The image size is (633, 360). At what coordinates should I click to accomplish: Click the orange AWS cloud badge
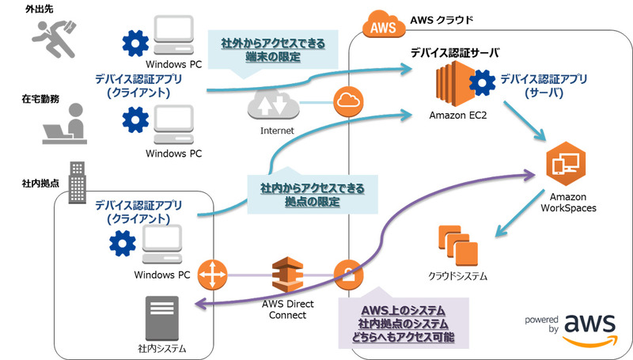click(377, 25)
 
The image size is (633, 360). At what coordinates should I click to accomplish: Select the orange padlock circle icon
click(347, 275)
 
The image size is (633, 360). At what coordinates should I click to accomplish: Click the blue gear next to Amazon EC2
click(479, 82)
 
